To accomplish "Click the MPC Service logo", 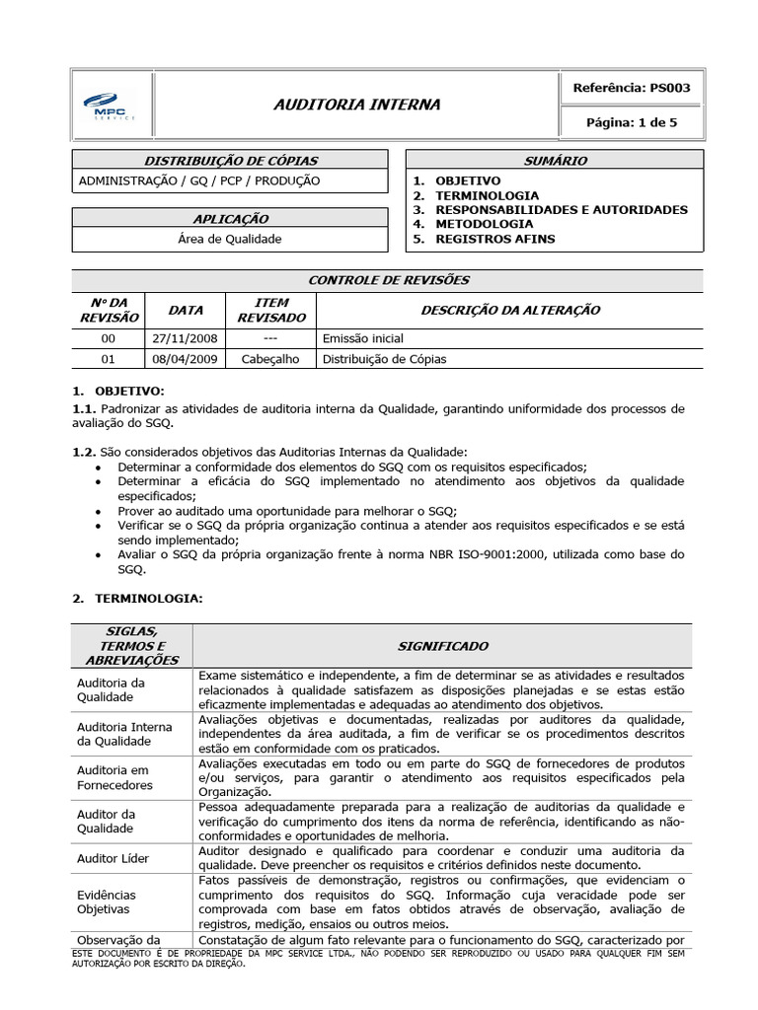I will click(109, 105).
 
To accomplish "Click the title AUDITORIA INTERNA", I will click(356, 105).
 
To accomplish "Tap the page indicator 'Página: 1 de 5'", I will click(632, 122).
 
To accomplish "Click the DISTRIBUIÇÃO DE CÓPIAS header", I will click(232, 161).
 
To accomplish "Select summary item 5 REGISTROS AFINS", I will click(495, 239).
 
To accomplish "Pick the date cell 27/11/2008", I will click(185, 338).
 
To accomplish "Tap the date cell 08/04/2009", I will click(185, 359).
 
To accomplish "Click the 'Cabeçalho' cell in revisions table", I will click(266, 359).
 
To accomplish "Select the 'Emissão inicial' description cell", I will click(363, 338).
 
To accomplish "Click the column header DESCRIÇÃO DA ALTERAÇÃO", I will click(510, 310).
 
